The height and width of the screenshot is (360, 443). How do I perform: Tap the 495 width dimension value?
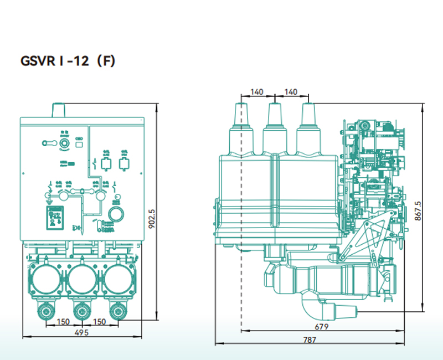click(81, 332)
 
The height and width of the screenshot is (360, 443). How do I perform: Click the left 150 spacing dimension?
click(62, 322)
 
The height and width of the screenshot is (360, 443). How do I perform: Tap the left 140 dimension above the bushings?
click(257, 92)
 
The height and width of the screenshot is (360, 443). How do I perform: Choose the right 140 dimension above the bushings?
click(290, 92)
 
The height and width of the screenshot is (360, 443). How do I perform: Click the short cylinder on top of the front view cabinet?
click(59, 110)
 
